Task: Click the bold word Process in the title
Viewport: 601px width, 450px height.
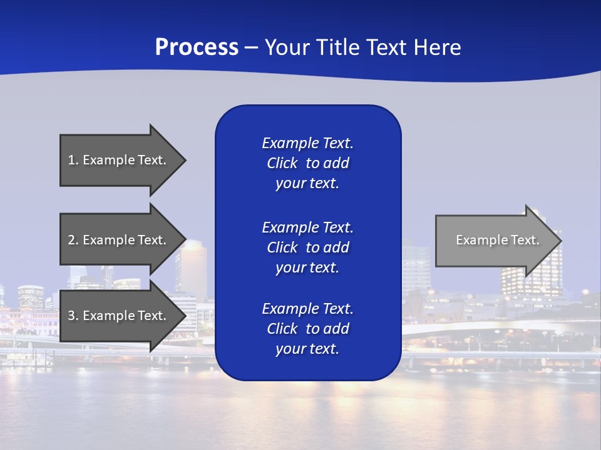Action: (197, 47)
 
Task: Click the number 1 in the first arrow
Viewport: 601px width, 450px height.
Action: (71, 160)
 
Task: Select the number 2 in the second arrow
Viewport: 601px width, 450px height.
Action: (71, 240)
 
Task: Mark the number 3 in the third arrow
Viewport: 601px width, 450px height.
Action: (71, 316)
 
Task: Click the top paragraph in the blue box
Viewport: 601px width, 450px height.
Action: (307, 163)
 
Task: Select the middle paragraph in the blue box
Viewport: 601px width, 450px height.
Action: (307, 247)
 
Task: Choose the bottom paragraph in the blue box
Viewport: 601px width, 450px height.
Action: (307, 329)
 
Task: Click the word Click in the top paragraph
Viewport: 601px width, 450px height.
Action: (282, 163)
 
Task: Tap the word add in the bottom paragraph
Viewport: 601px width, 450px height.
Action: (337, 329)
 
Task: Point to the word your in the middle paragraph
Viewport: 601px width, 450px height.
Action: (289, 267)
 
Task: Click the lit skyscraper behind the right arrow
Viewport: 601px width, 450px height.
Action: (532, 275)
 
